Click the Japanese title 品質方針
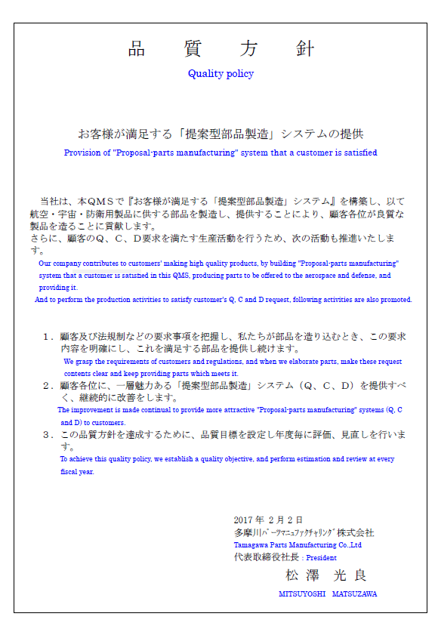(x=221, y=50)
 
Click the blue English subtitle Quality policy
(x=221, y=74)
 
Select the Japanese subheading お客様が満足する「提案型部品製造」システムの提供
(x=221, y=134)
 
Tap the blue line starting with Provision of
(x=221, y=153)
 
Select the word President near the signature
(x=321, y=558)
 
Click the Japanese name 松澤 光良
(x=325, y=575)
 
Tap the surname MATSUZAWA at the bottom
(x=353, y=594)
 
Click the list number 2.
(x=47, y=386)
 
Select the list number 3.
(x=47, y=435)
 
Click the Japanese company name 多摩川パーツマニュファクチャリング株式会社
(x=304, y=532)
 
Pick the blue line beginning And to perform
(x=224, y=300)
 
